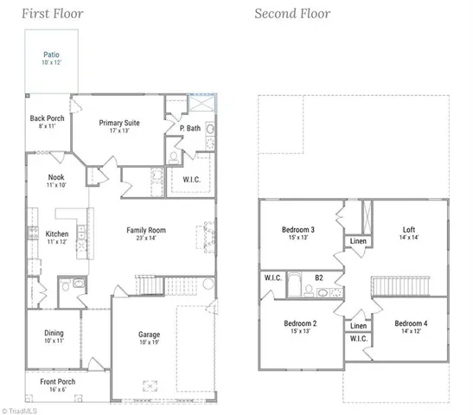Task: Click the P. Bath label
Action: tap(190, 128)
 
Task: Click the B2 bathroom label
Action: tap(318, 278)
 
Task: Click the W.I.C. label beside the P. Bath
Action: tap(192, 180)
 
